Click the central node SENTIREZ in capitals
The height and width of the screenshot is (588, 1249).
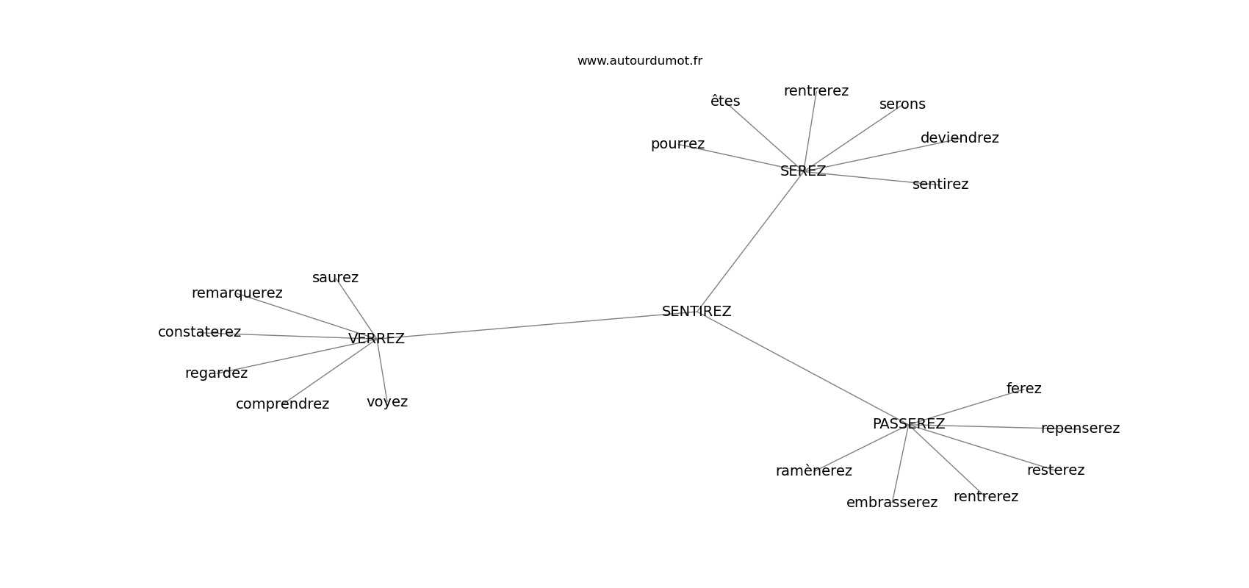pos(697,312)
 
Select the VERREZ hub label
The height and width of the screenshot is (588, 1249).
pos(376,339)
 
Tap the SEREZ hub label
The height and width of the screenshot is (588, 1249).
pos(803,171)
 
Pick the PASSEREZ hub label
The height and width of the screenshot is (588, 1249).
pos(909,424)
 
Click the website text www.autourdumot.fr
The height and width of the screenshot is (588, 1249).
pos(639,61)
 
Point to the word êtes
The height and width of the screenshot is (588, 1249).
pos(725,101)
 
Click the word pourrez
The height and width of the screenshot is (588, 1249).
pos(678,144)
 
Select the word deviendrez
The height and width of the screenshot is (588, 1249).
pos(960,137)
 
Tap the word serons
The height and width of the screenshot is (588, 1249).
pos(902,104)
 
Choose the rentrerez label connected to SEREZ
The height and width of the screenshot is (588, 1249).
pos(816,91)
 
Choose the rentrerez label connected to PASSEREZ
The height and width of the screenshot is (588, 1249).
pos(986,497)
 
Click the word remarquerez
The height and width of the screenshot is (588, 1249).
pos(237,293)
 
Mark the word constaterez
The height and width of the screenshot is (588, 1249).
pos(200,332)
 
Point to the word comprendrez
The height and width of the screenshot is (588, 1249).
pos(283,404)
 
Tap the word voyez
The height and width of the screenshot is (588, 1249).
pos(387,402)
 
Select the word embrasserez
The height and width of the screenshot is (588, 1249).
pos(892,503)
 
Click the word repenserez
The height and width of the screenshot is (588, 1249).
pos(1081,429)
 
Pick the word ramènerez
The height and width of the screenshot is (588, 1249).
pos(814,471)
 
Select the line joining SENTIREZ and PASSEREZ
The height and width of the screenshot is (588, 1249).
pos(803,367)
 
